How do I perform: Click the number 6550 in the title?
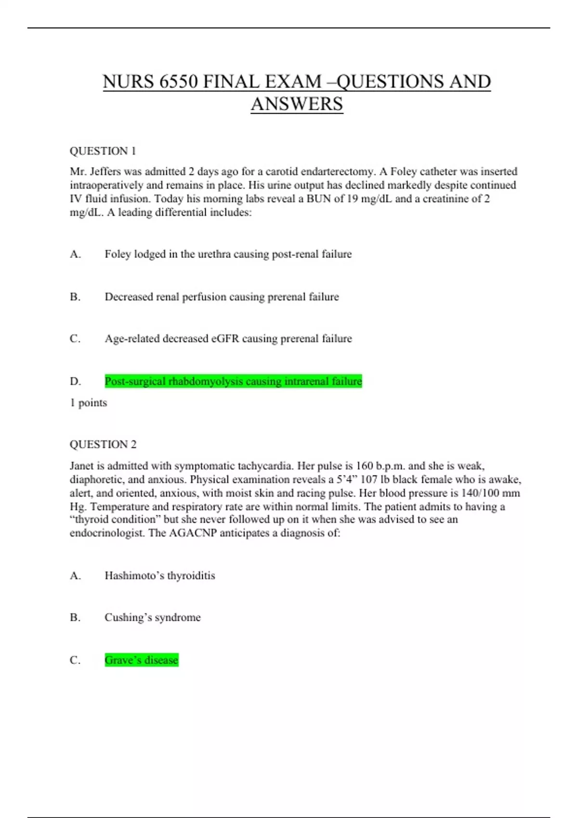pos(178,82)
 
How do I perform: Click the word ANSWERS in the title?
pos(297,104)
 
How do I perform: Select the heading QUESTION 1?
pos(103,151)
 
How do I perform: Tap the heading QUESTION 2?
pos(103,444)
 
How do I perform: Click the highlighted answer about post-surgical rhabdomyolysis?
pos(233,382)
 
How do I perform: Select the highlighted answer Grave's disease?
pos(141,660)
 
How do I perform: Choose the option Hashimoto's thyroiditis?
pos(159,575)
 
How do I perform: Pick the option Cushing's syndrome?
pos(152,617)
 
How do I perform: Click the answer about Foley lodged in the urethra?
pos(228,254)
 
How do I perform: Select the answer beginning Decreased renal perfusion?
pos(222,297)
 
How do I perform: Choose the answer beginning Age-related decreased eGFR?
pos(228,339)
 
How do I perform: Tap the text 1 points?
pos(88,403)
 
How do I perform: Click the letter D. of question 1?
pos(75,382)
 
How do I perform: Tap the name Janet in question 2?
pos(82,466)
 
